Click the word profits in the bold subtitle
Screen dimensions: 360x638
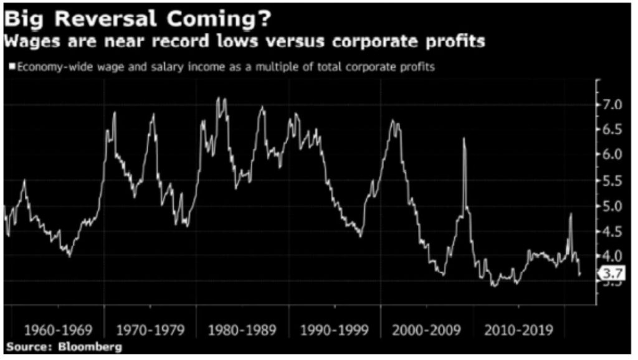pos(451,42)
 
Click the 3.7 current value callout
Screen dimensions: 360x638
pos(613,273)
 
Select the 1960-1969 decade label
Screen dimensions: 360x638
pos(57,329)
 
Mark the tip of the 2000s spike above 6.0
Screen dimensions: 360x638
pos(464,138)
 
